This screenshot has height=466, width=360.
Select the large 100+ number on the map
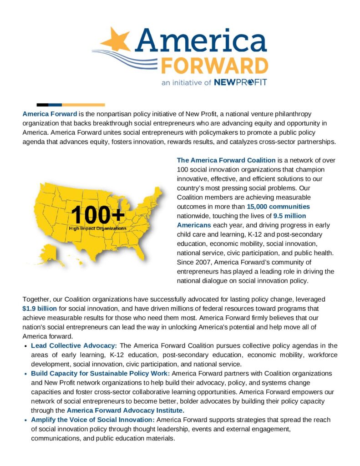click(x=97, y=214)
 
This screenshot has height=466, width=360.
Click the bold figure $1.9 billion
click(x=40, y=308)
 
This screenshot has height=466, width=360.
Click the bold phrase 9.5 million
click(x=289, y=216)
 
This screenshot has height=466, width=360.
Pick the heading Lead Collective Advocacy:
click(x=74, y=345)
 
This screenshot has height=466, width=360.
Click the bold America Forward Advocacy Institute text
click(x=126, y=410)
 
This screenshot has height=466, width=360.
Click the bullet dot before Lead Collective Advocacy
click(x=25, y=346)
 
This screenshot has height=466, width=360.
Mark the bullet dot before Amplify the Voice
click(x=25, y=420)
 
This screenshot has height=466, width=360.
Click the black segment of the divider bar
click(x=42, y=105)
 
